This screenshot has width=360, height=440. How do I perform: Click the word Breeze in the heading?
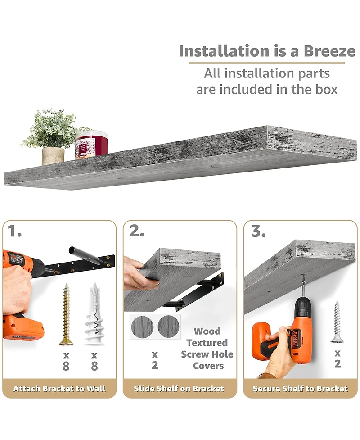tap(329, 51)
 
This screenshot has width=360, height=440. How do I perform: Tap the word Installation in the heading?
tap(224, 51)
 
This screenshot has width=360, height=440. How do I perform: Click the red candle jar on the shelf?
tap(91, 144)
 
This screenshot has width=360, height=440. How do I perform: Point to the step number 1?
tap(14, 231)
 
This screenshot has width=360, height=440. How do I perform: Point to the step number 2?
tap(137, 231)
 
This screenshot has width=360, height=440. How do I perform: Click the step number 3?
tap(258, 231)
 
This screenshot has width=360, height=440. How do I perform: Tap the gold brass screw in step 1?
tap(66, 314)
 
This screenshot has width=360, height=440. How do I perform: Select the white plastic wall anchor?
tap(95, 314)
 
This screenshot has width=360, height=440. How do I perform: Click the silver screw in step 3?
tap(337, 321)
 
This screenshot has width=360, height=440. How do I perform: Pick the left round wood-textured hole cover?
tap(142, 327)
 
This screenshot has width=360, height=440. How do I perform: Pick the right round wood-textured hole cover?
tap(168, 327)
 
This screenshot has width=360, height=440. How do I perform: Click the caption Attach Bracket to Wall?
tap(59, 388)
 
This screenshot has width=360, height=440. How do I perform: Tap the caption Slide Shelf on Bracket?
tap(179, 388)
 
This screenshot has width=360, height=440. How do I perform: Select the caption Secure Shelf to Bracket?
tap(300, 388)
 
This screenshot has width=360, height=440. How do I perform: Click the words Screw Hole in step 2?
tap(207, 354)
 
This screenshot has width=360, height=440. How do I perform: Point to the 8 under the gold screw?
tap(66, 366)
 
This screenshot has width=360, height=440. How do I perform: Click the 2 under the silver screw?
tap(337, 364)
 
